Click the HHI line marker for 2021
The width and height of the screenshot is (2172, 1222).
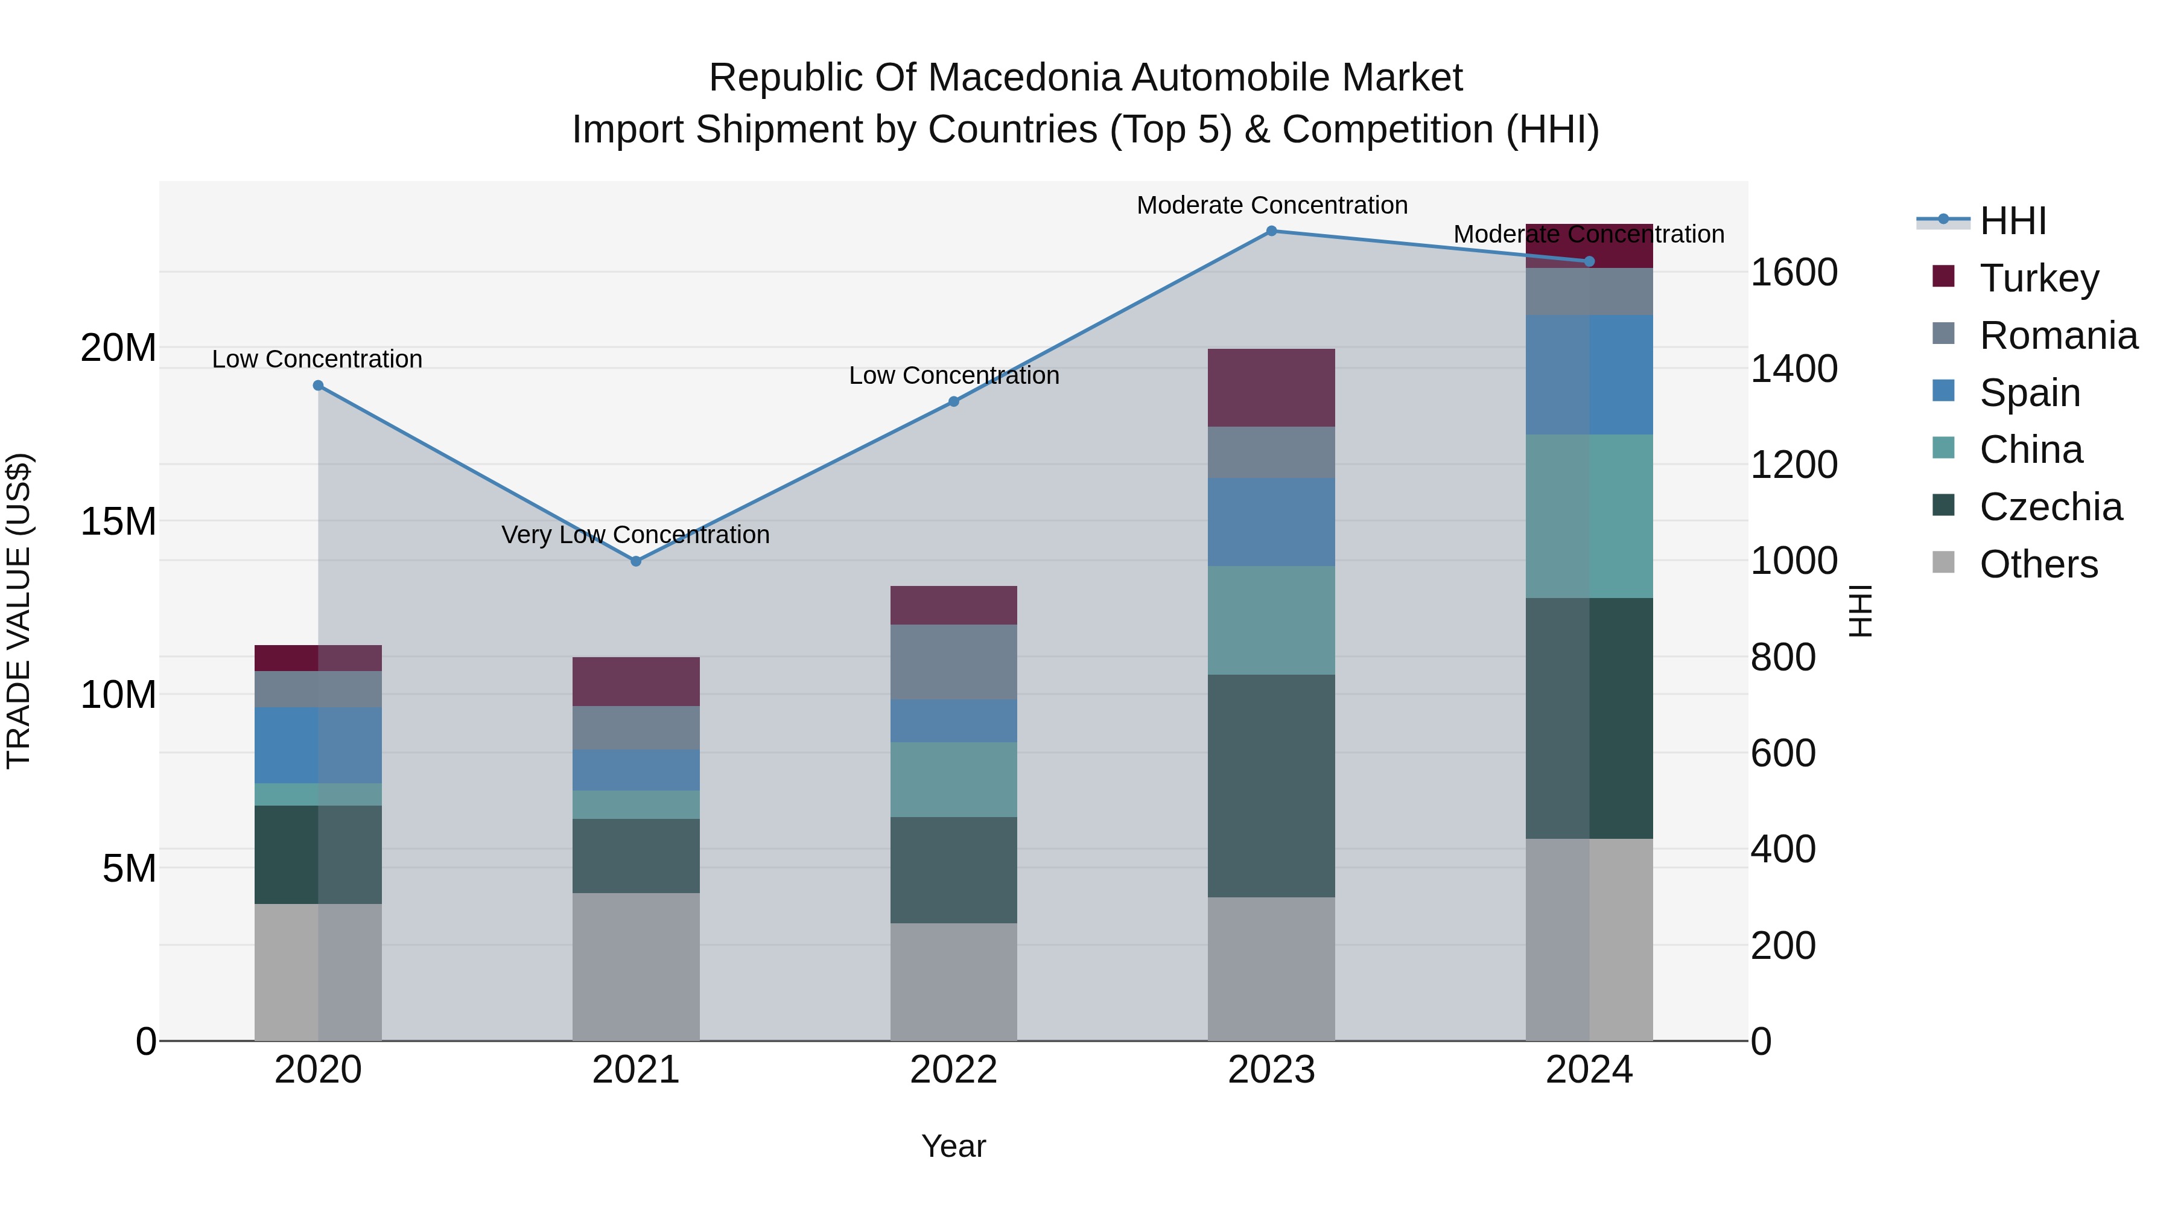click(636, 561)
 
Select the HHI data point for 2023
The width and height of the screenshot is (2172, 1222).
click(1271, 231)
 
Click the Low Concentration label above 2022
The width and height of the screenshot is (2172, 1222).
click(954, 375)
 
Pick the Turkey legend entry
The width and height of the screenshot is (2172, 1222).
click(2039, 278)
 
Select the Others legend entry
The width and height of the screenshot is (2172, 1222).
click(2038, 564)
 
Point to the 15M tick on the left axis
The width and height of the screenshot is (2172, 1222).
click(118, 522)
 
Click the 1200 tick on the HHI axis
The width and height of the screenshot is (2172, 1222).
click(1794, 465)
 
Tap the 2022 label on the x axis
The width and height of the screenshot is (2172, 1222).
click(954, 1070)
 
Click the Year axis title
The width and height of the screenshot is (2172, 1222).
click(954, 1146)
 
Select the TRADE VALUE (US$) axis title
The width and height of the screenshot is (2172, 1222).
click(19, 611)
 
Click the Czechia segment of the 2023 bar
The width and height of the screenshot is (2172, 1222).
click(1271, 785)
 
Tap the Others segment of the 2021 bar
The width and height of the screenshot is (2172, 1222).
click(636, 967)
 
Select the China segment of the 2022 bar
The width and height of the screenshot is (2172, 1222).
click(954, 779)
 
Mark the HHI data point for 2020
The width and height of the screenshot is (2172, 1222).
click(318, 386)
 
